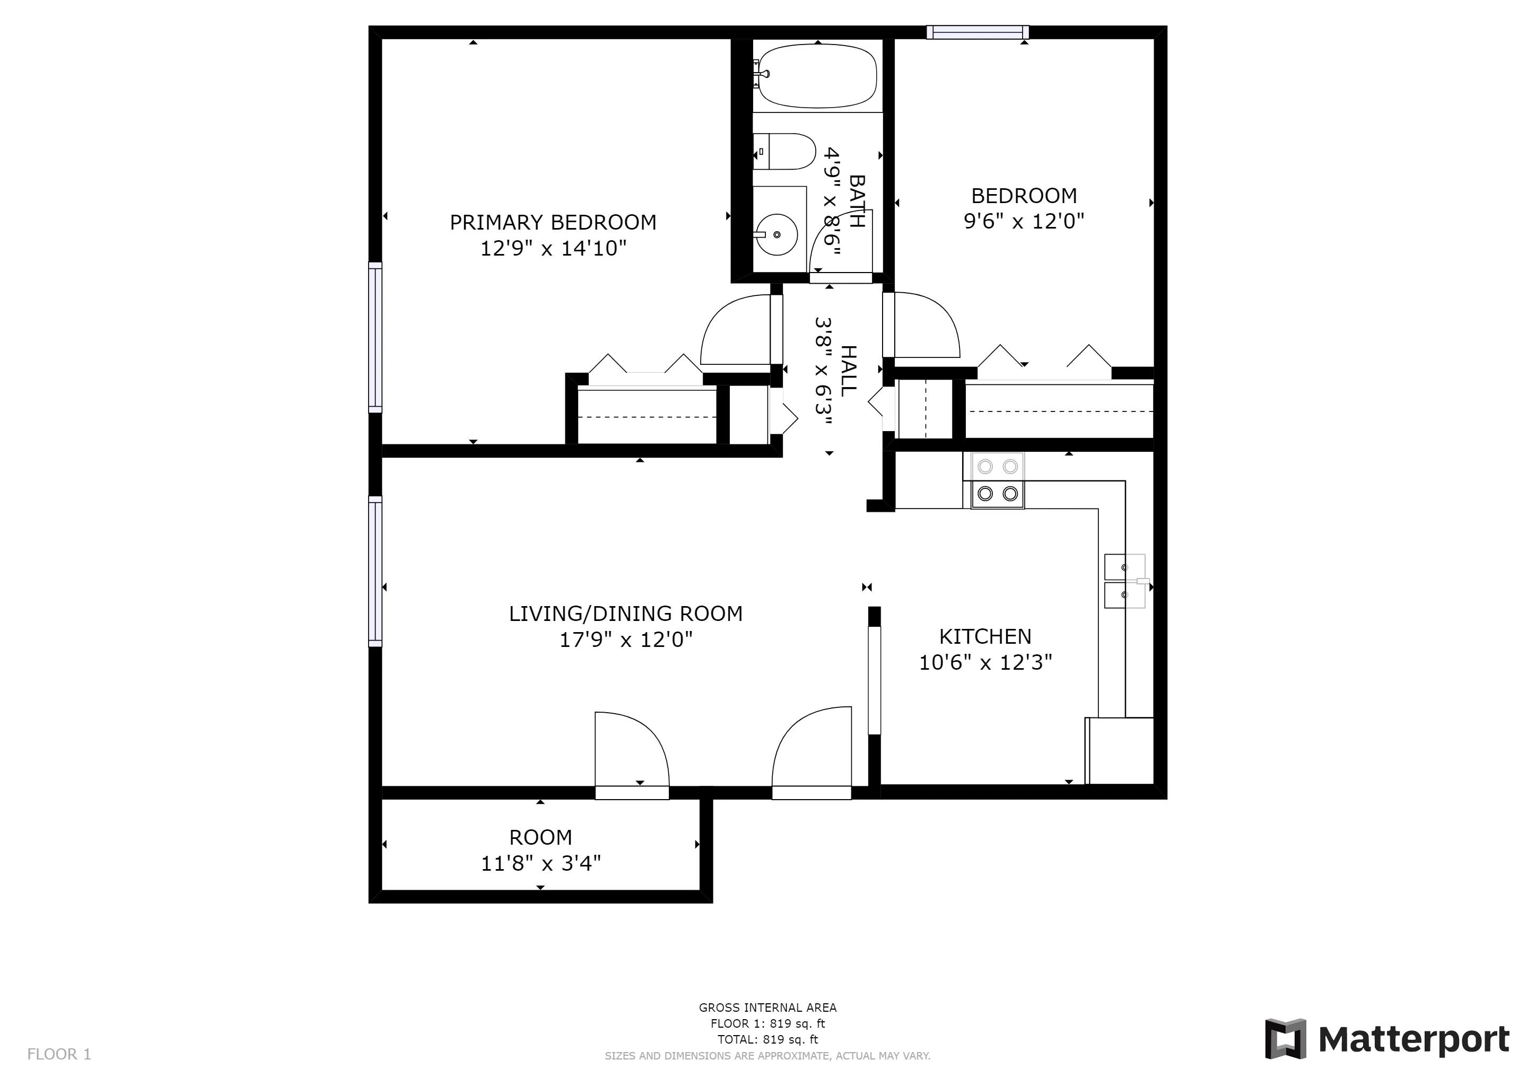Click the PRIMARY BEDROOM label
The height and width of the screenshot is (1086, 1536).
tap(553, 222)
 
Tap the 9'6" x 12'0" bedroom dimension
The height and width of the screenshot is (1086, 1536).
tap(1024, 221)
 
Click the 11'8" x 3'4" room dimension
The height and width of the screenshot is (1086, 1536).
tap(540, 863)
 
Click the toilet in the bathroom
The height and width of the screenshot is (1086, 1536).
tap(784, 151)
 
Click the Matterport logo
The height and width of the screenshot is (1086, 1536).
tap(1387, 1039)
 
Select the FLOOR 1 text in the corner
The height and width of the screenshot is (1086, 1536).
tap(59, 1055)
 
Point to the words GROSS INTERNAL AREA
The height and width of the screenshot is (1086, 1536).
tap(767, 1008)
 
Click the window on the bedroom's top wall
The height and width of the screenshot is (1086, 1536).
tap(978, 32)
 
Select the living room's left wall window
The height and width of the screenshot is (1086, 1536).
tap(376, 571)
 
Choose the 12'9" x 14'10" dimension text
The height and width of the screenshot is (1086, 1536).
tap(553, 249)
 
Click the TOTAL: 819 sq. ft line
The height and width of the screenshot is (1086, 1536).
tap(767, 1039)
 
